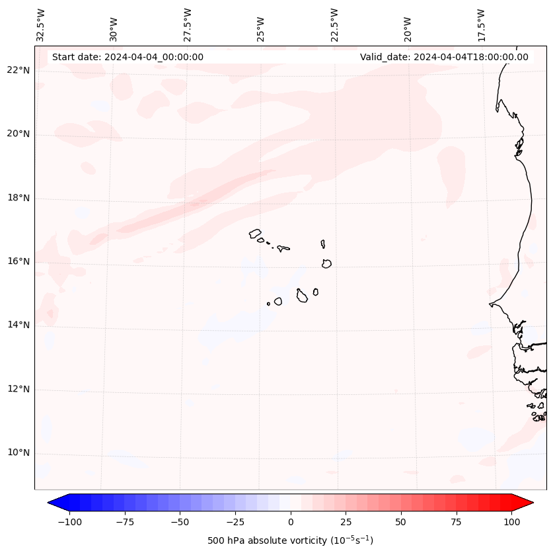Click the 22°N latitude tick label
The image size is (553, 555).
[x=18, y=70]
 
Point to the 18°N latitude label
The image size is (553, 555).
[x=18, y=198]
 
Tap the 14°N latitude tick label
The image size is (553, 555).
[x=18, y=325]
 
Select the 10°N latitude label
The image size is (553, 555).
[x=18, y=452]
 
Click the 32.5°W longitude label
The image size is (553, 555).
[x=41, y=24]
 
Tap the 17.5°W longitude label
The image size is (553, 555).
[x=481, y=24]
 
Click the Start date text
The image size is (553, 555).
[x=128, y=57]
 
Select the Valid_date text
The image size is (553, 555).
[x=444, y=57]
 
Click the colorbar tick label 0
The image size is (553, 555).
[x=291, y=522]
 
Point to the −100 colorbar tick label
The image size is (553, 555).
[x=70, y=522]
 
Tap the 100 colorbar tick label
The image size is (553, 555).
[x=511, y=522]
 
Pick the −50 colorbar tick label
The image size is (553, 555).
[x=180, y=522]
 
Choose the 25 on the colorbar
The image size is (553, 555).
[x=346, y=522]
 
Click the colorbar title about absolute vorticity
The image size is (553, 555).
[x=291, y=540]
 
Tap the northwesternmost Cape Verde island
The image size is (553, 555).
[x=255, y=233]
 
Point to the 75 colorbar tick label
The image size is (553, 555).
[x=456, y=522]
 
